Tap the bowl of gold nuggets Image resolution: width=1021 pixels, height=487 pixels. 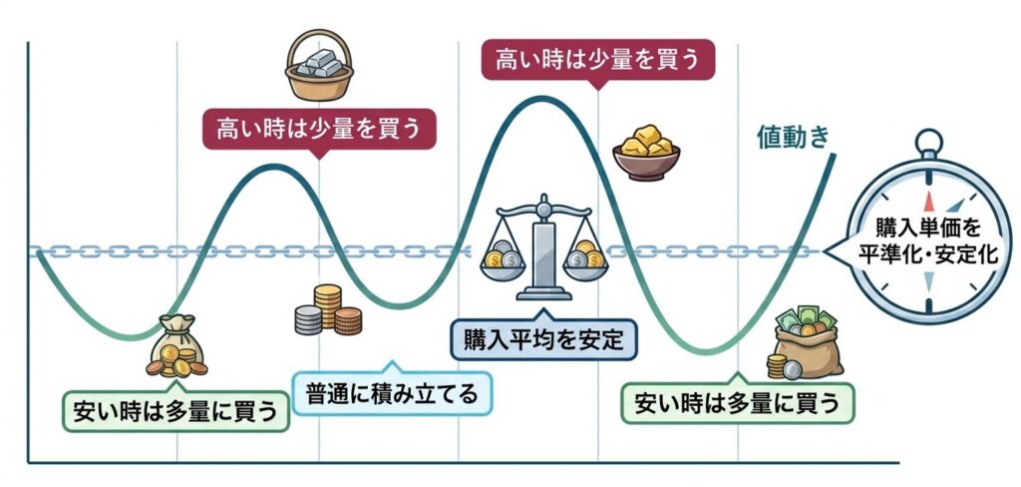click(x=645, y=151)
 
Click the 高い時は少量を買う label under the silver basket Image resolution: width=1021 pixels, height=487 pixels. click(x=320, y=129)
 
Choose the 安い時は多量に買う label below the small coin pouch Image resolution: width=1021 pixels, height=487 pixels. click(x=174, y=409)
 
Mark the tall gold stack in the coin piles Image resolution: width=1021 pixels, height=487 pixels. click(x=327, y=301)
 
